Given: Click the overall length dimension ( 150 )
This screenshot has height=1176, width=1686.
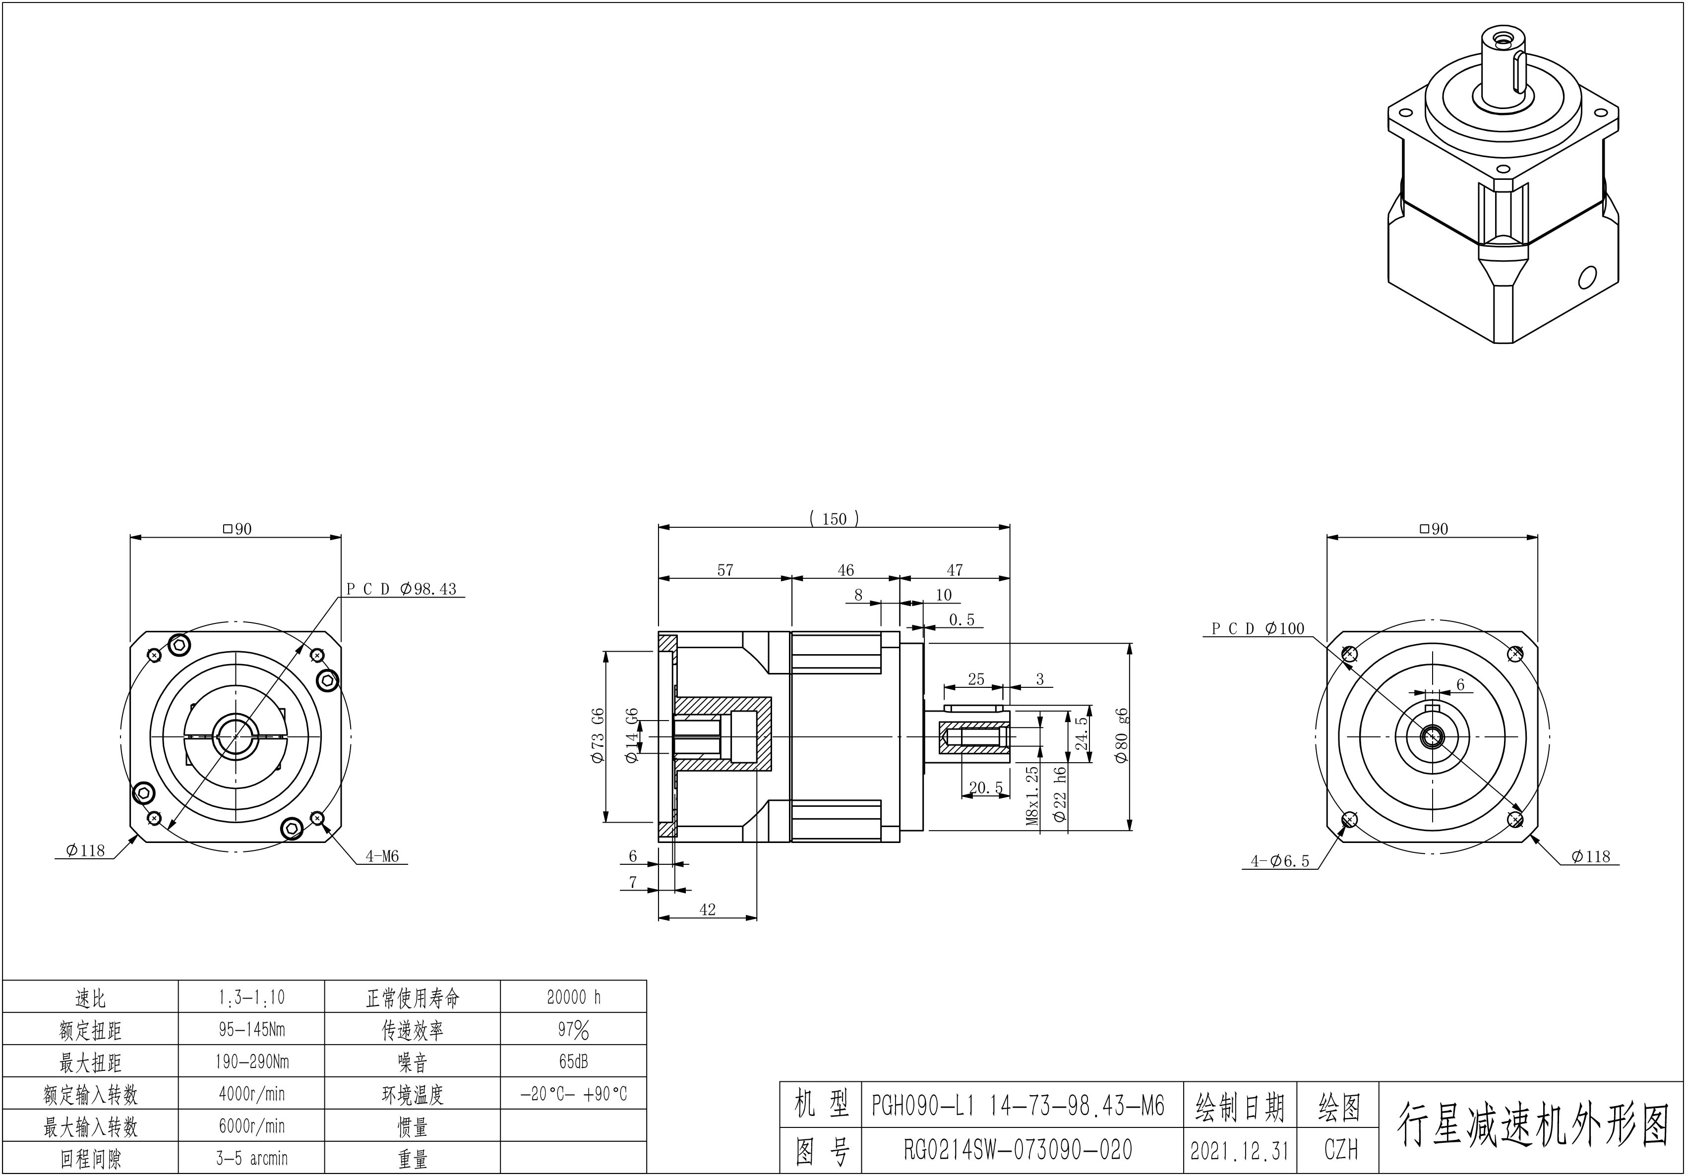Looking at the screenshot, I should point(834,519).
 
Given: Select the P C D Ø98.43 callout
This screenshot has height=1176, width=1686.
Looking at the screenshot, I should point(402,589).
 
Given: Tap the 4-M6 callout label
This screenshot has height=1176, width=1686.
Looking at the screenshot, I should point(382,856).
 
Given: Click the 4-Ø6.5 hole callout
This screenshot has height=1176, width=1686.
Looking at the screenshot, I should point(1280,861).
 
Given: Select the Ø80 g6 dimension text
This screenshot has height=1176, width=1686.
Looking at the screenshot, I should point(1121,736).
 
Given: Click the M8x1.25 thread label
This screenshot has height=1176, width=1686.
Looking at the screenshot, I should point(1032,796).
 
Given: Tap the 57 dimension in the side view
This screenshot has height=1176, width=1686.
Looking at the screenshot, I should point(725,570).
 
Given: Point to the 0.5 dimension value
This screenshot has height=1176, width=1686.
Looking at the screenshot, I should point(961,620).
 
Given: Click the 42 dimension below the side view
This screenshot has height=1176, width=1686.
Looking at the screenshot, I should point(707,909).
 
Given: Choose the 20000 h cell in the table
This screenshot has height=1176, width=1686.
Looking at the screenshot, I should point(574,997).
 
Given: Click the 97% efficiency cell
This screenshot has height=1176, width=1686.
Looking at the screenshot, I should point(574,1030).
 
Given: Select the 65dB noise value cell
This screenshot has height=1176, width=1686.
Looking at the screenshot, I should point(574,1062).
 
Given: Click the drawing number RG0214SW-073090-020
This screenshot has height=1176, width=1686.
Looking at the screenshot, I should point(1018,1150).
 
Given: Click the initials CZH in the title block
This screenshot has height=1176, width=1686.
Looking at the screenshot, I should point(1341,1150).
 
